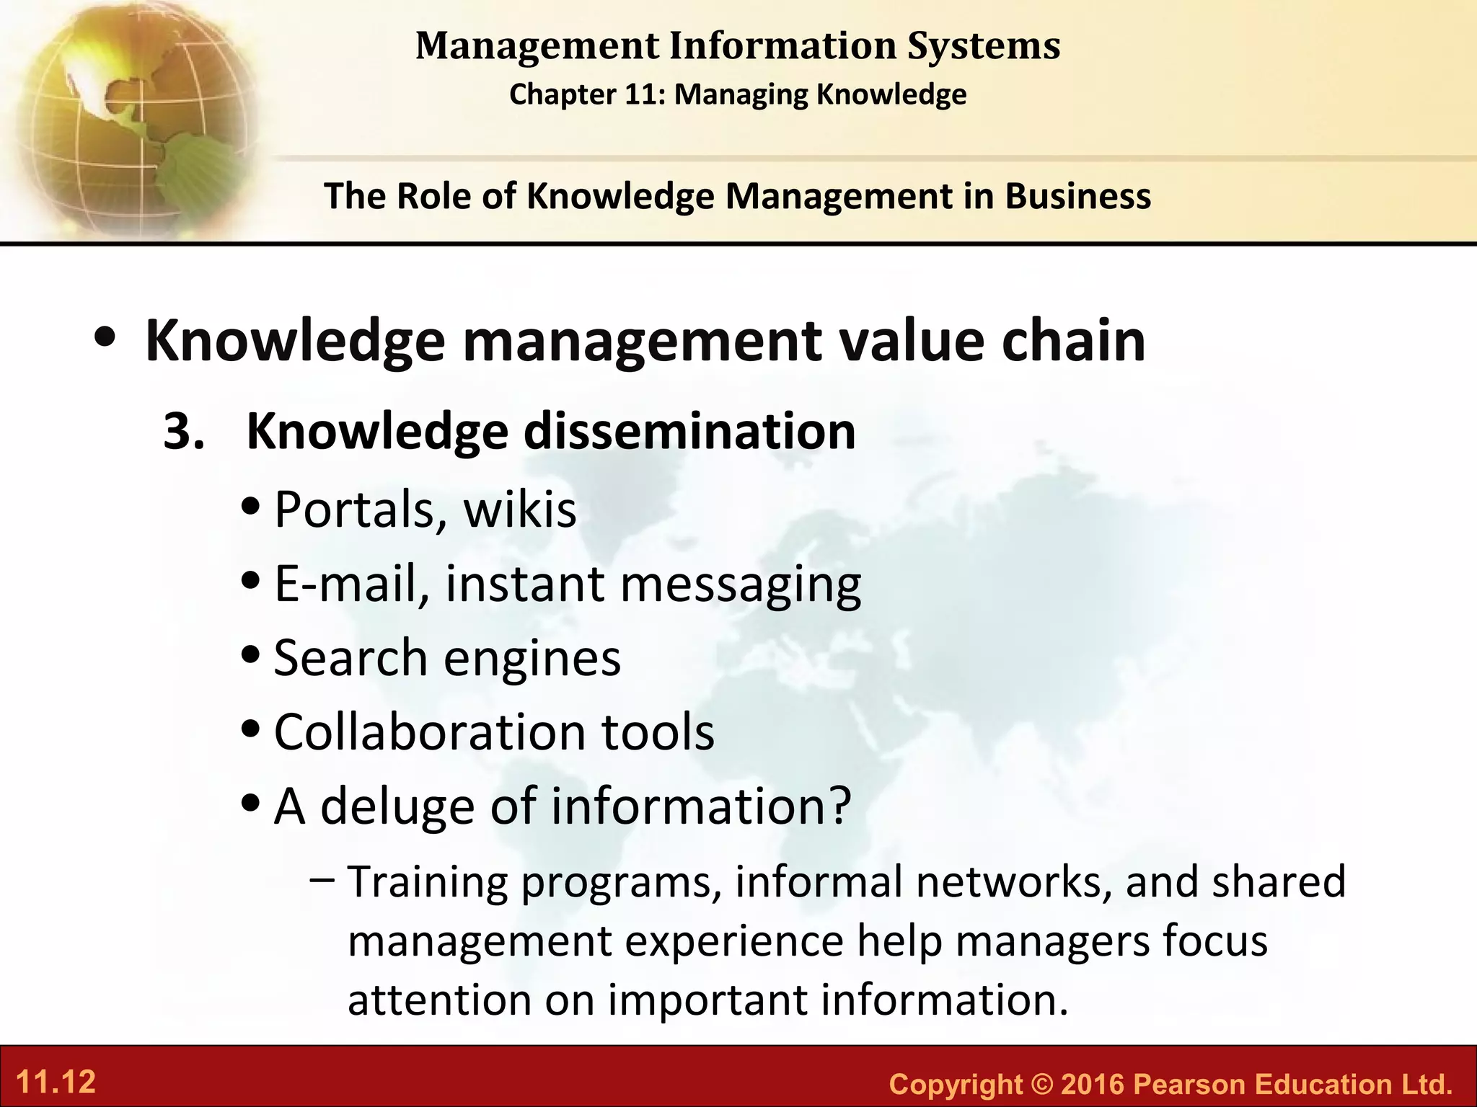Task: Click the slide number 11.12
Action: [x=56, y=1082]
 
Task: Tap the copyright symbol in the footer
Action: [x=1042, y=1084]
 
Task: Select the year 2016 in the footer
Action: [x=1093, y=1084]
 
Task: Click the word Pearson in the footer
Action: [x=1189, y=1084]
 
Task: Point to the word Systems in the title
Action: [x=984, y=46]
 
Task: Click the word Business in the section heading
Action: [x=1077, y=196]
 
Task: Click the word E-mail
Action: [x=345, y=583]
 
